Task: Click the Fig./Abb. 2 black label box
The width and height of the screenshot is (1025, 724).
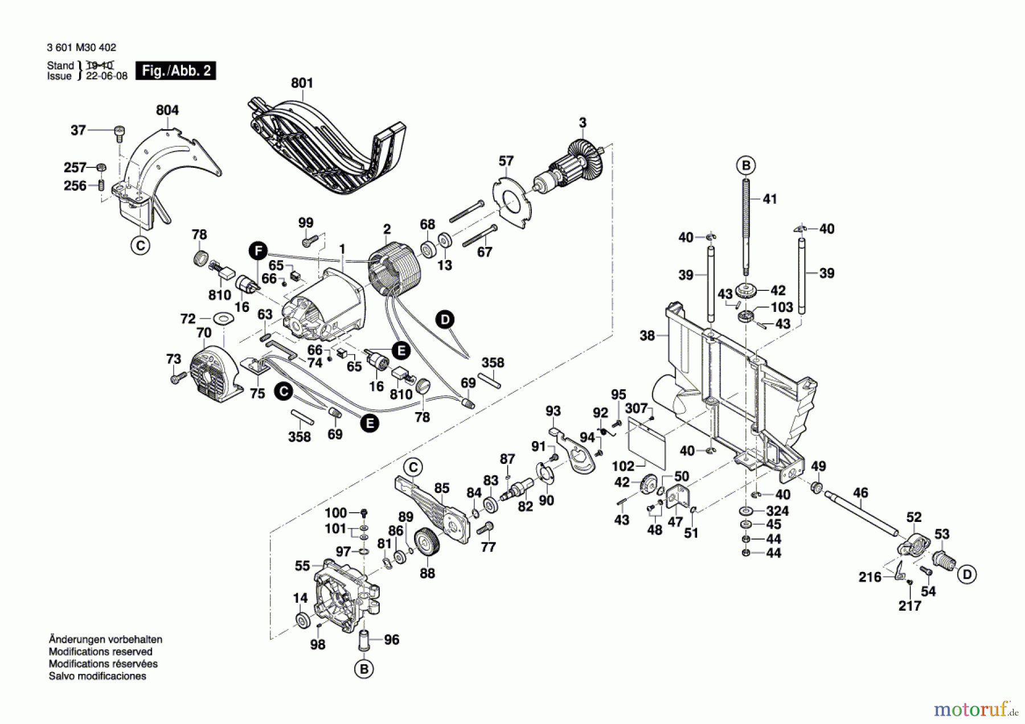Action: click(175, 71)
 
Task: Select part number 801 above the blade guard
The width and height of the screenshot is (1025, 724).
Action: click(302, 83)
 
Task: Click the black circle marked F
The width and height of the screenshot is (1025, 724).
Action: click(258, 250)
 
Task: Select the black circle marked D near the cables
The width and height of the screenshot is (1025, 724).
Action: click(445, 319)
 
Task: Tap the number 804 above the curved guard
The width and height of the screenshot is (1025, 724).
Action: click(167, 110)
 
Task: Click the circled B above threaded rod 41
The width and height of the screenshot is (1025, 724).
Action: click(746, 166)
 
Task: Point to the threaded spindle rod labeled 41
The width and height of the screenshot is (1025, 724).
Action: click(746, 228)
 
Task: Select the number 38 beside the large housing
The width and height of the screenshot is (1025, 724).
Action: click(647, 336)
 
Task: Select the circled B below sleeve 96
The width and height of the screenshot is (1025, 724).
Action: click(364, 669)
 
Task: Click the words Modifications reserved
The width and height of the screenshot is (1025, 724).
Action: click(100, 652)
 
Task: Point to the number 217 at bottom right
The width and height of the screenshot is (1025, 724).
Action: click(909, 606)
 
